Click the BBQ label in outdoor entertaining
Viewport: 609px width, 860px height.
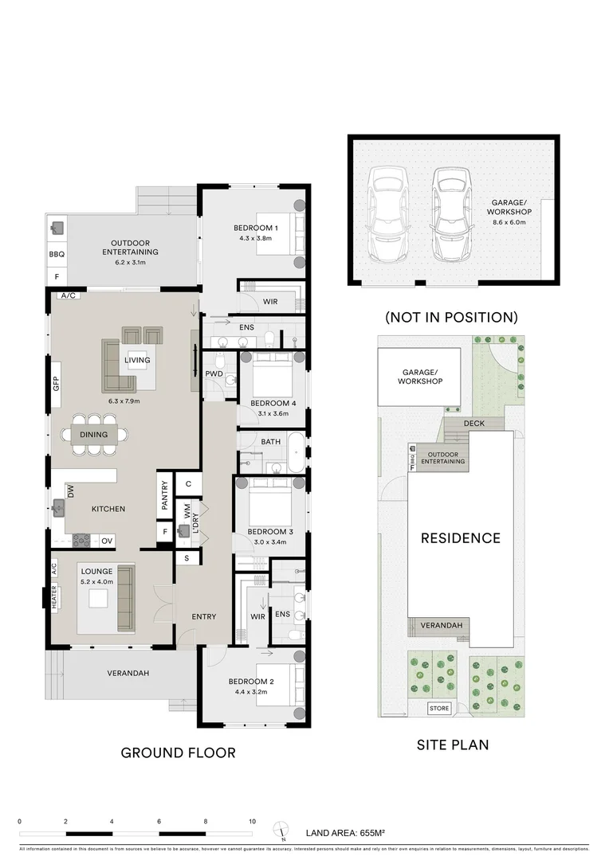click(x=57, y=255)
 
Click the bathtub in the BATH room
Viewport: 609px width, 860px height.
click(x=296, y=451)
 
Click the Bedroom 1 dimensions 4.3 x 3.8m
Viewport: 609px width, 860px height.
click(x=255, y=237)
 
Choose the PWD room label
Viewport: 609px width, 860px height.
click(x=214, y=373)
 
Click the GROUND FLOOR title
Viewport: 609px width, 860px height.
click(x=178, y=752)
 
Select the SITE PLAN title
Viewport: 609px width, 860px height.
click(x=453, y=745)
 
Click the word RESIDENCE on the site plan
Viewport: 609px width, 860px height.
click(x=461, y=538)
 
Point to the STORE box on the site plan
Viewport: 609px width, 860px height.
click(x=439, y=708)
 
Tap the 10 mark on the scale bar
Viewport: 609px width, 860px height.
click(x=252, y=821)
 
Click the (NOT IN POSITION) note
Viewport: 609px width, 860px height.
click(x=451, y=317)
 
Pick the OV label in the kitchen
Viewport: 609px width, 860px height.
click(x=107, y=541)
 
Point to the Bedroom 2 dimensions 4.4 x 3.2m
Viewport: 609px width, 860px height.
click(x=249, y=691)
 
